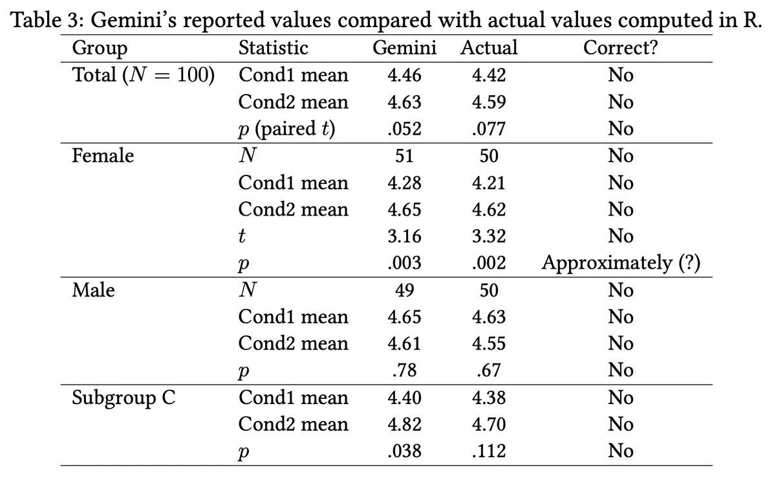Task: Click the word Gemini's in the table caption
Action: point(134,20)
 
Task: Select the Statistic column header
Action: point(274,47)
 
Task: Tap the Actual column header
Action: point(489,47)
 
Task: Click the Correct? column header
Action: point(620,47)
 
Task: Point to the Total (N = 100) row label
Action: point(144,75)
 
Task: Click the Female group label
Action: point(103,155)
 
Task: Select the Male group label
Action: point(93,290)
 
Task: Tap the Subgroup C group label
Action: point(124,398)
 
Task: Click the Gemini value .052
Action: point(404,129)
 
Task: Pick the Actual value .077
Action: point(489,129)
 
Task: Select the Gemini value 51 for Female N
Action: point(404,155)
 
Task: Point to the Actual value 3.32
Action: point(489,236)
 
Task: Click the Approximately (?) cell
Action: point(621,264)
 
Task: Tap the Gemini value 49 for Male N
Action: point(404,290)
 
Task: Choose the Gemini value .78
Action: point(404,370)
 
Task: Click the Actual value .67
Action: point(489,370)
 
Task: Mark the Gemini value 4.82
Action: point(404,424)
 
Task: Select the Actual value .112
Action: point(489,451)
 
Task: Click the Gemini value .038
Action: point(404,451)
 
